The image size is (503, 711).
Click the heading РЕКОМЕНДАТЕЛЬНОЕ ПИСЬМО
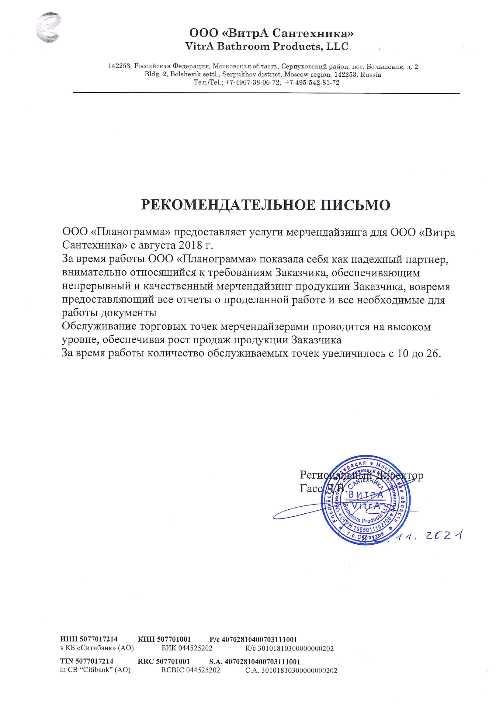(265, 205)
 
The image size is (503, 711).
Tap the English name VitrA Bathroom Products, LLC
(267, 47)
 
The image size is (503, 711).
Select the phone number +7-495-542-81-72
(312, 83)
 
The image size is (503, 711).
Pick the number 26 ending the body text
(433, 353)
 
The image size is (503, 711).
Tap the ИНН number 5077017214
(99, 639)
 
